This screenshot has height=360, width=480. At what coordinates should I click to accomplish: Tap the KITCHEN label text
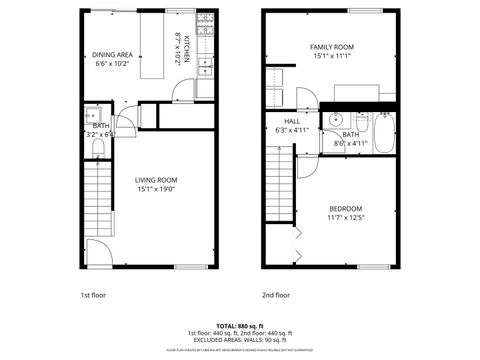[x=186, y=49]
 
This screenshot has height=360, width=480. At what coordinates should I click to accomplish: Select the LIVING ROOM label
[x=156, y=180]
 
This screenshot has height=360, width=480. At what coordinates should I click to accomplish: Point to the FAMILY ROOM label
[x=331, y=47]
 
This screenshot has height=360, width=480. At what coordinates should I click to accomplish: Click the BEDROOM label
[x=344, y=208]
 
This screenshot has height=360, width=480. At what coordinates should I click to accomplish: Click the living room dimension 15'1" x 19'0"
[x=156, y=190]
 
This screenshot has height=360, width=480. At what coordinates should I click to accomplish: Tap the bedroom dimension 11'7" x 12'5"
[x=344, y=218]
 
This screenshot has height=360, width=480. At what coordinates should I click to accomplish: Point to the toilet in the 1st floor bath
[x=98, y=149]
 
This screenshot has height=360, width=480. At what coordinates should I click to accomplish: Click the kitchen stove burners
[x=206, y=27]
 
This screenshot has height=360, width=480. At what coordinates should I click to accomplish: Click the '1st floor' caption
[x=92, y=295]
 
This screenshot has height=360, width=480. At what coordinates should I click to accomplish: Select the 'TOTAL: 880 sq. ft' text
[x=240, y=326]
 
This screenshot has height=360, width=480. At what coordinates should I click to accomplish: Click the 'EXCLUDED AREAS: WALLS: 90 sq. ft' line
[x=240, y=340]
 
